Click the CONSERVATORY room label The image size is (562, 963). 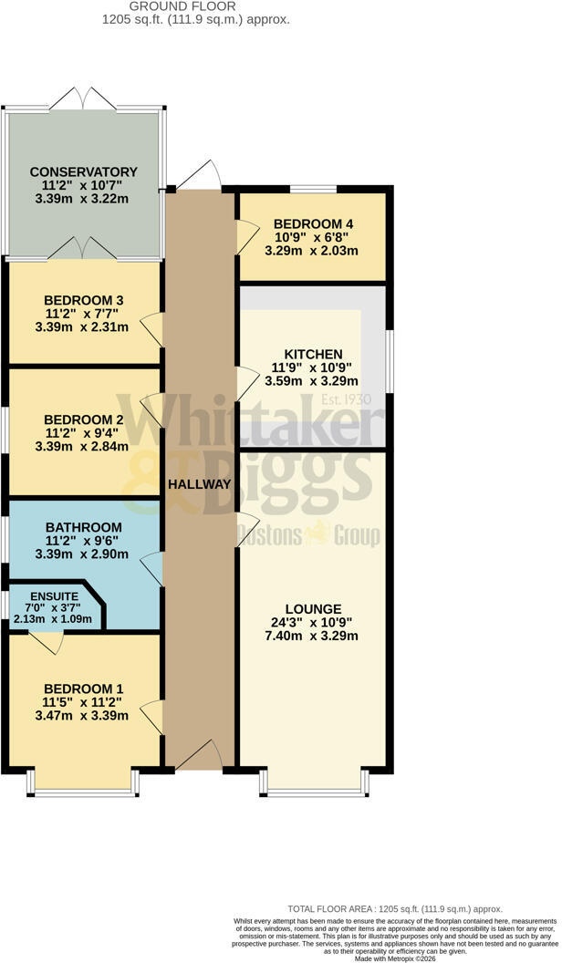click(x=84, y=172)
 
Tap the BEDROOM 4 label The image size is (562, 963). click(x=313, y=224)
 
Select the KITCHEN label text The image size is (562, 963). click(x=313, y=355)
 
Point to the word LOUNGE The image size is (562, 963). click(x=313, y=609)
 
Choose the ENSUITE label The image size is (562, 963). click(x=54, y=596)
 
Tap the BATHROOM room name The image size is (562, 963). click(x=84, y=527)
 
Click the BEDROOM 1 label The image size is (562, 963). click(x=84, y=688)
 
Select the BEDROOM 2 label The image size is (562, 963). click(x=84, y=420)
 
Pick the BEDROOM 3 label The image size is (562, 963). click(x=84, y=300)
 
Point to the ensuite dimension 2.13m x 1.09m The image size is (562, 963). click(x=53, y=618)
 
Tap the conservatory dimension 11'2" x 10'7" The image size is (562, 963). click(x=82, y=185)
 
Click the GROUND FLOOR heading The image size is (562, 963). click(x=182, y=6)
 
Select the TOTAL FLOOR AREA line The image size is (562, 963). click(x=395, y=909)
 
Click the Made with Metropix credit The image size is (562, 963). click(x=395, y=958)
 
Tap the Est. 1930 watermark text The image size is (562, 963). click(x=347, y=399)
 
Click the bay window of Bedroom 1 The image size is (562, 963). click(x=84, y=782)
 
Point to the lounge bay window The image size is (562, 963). click(x=315, y=782)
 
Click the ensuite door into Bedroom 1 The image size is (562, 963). click(x=47, y=642)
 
